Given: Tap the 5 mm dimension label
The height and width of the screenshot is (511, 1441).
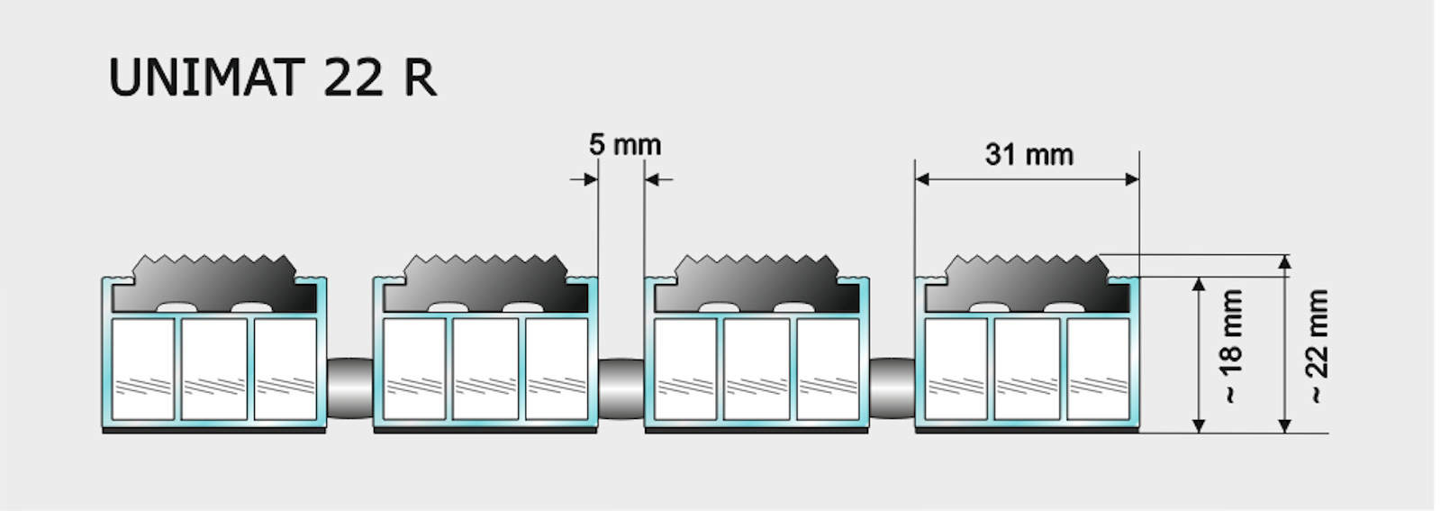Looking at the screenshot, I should [x=625, y=145].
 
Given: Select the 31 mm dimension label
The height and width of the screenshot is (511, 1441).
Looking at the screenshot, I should [x=1029, y=155].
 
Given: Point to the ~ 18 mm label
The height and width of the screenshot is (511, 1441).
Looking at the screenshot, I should [x=1231, y=346].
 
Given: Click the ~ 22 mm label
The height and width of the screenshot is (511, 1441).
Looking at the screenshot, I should [x=1316, y=346].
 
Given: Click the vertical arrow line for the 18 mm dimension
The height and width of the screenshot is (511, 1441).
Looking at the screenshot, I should [x=1199, y=355].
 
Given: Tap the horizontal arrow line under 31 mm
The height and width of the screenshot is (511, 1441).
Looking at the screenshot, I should [x=1027, y=179].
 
